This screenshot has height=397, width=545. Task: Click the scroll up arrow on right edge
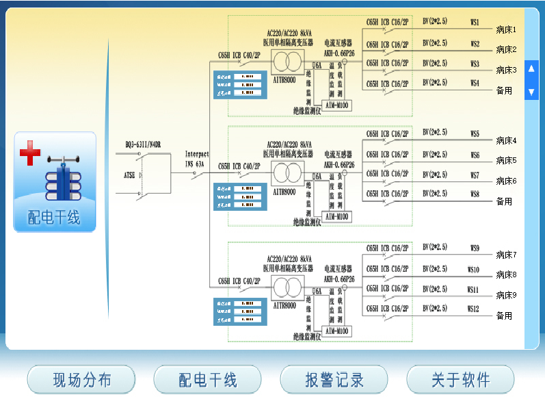pyautogui.click(x=531, y=68)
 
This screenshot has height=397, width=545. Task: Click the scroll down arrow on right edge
pyautogui.click(x=531, y=92)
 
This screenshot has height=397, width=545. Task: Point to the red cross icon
pyautogui.click(x=29, y=153)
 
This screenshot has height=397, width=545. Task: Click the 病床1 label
pyautogui.click(x=506, y=30)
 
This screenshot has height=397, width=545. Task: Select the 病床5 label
pyautogui.click(x=506, y=161)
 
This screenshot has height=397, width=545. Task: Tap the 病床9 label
pyautogui.click(x=506, y=295)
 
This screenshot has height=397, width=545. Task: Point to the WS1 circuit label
pyautogui.click(x=475, y=23)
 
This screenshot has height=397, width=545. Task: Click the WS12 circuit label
pyautogui.click(x=473, y=309)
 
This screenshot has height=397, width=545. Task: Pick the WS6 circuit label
pyautogui.click(x=475, y=155)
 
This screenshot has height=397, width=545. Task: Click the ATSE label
pyautogui.click(x=129, y=175)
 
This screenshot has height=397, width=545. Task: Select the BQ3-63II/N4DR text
pyautogui.click(x=142, y=144)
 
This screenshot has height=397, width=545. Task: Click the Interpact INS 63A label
pyautogui.click(x=197, y=159)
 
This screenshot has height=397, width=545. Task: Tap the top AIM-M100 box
pyautogui.click(x=336, y=105)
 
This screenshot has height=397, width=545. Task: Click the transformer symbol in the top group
pyautogui.click(x=285, y=62)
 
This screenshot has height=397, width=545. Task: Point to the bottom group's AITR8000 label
pyautogui.click(x=284, y=305)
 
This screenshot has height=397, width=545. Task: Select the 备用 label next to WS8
pyautogui.click(x=504, y=201)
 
